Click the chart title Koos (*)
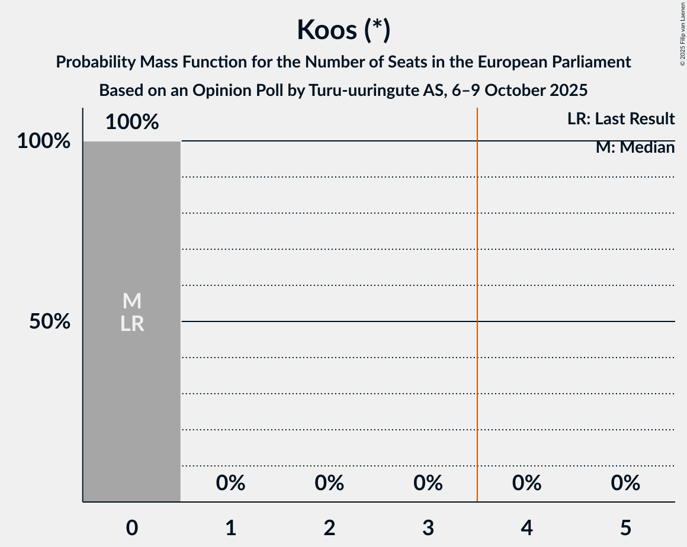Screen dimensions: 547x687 (343, 30)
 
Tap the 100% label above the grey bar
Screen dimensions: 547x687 (132, 122)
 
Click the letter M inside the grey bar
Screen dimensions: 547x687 (132, 301)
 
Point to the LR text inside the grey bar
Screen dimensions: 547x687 (132, 324)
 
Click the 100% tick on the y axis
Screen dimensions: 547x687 (44, 141)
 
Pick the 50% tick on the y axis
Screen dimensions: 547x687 (50, 321)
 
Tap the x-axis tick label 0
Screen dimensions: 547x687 (132, 527)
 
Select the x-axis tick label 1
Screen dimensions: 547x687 (230, 527)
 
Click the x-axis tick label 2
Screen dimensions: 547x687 (329, 527)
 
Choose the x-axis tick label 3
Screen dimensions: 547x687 (428, 527)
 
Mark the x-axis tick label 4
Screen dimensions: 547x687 (527, 527)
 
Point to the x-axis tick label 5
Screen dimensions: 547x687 (625, 527)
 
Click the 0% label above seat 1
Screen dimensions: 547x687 (230, 483)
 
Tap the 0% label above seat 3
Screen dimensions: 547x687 (428, 483)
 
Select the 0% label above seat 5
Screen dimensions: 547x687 (625, 483)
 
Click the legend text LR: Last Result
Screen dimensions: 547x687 (621, 119)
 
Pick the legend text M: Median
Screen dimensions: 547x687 (635, 147)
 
